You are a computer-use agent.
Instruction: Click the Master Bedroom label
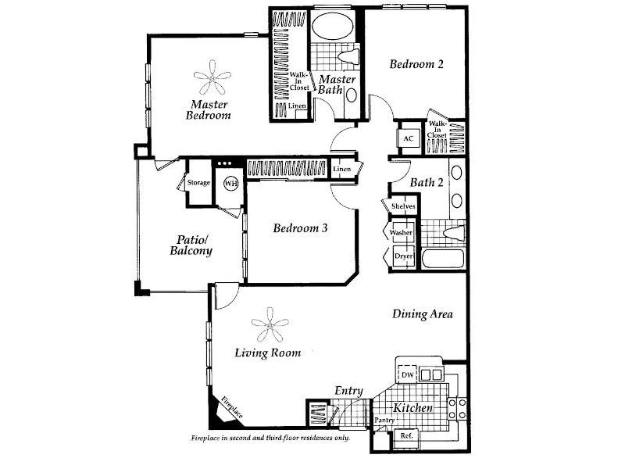[209, 109]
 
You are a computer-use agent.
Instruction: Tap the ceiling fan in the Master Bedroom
[212, 78]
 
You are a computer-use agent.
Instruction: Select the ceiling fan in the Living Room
[270, 324]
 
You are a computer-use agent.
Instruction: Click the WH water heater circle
[230, 183]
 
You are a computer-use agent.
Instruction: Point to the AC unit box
[409, 138]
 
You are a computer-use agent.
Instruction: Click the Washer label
[401, 233]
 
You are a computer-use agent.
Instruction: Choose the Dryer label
[403, 256]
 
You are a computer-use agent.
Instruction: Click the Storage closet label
[198, 183]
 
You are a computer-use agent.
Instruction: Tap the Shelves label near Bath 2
[402, 206]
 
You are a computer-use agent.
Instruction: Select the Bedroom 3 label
[300, 228]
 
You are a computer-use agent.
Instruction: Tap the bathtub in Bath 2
[443, 259]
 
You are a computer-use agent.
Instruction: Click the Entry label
[348, 391]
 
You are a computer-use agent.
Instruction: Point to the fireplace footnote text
[270, 439]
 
